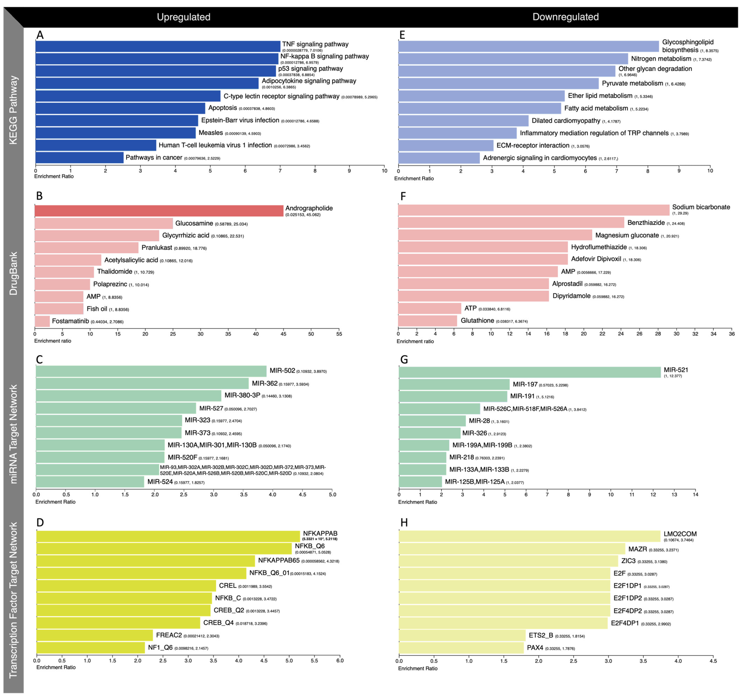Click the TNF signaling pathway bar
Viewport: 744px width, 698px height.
[x=158, y=46]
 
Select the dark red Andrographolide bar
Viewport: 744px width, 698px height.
[x=159, y=211]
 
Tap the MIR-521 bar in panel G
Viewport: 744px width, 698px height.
[x=530, y=372]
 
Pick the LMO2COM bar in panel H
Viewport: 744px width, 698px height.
[x=530, y=536]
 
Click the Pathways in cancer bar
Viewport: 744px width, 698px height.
[x=80, y=158]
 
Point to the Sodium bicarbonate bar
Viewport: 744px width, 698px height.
[x=534, y=210]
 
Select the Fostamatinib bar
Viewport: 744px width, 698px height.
[x=42, y=321]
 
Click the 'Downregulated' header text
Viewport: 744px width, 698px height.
[x=565, y=17]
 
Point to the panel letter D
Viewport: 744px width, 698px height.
[x=40, y=522]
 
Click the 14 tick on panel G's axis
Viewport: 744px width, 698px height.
[x=695, y=494]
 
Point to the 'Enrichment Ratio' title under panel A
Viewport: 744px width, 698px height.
[x=54, y=176]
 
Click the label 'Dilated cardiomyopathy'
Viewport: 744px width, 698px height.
[x=566, y=121]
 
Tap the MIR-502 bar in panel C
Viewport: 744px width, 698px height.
[x=151, y=371]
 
